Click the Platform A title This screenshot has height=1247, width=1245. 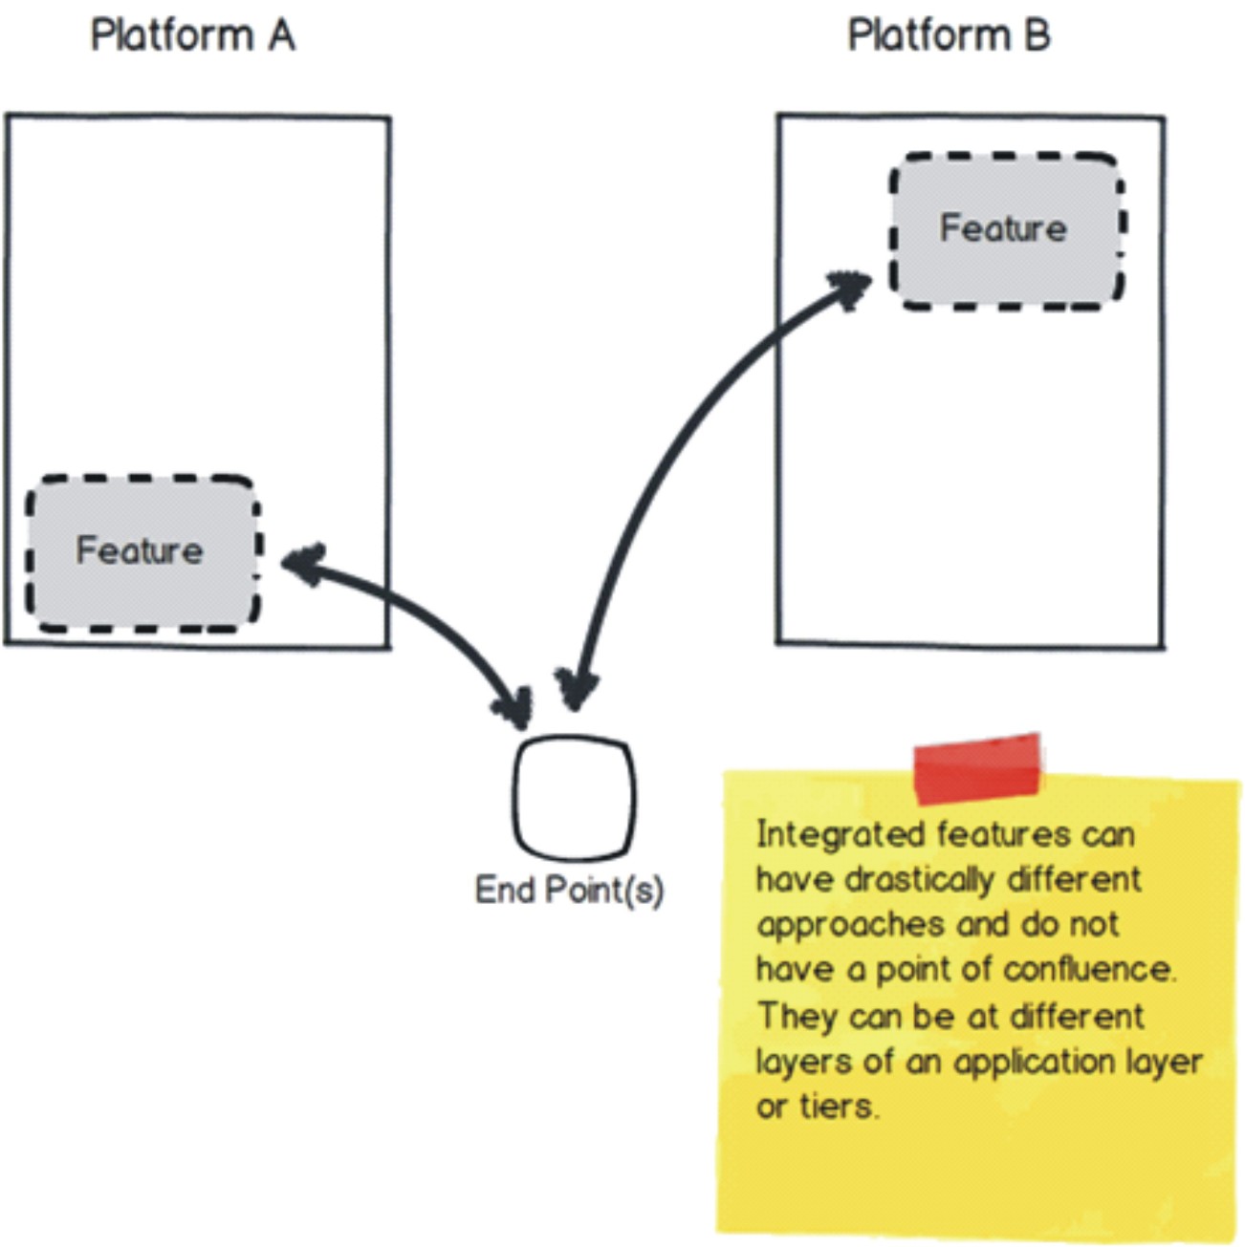pyautogui.click(x=192, y=36)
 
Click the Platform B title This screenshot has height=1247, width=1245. pyautogui.click(x=949, y=36)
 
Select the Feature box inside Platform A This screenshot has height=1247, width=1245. pyautogui.click(x=142, y=552)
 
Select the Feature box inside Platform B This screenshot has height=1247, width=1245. pyautogui.click(x=1005, y=229)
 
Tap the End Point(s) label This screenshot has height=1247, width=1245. pyautogui.click(x=568, y=890)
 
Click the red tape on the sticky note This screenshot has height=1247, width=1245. pyautogui.click(x=976, y=767)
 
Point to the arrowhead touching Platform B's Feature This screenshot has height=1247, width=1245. pyautogui.click(x=849, y=287)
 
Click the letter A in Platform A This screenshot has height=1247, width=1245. pyautogui.click(x=281, y=36)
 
